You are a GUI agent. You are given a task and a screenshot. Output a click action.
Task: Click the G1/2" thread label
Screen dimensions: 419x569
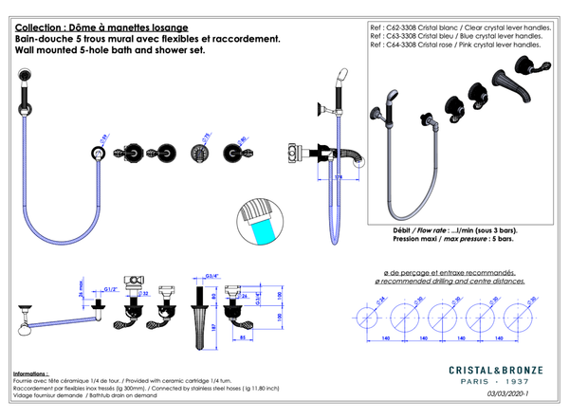(x=109, y=288)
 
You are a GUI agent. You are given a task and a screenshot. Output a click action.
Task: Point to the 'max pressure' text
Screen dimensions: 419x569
(x=459, y=239)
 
